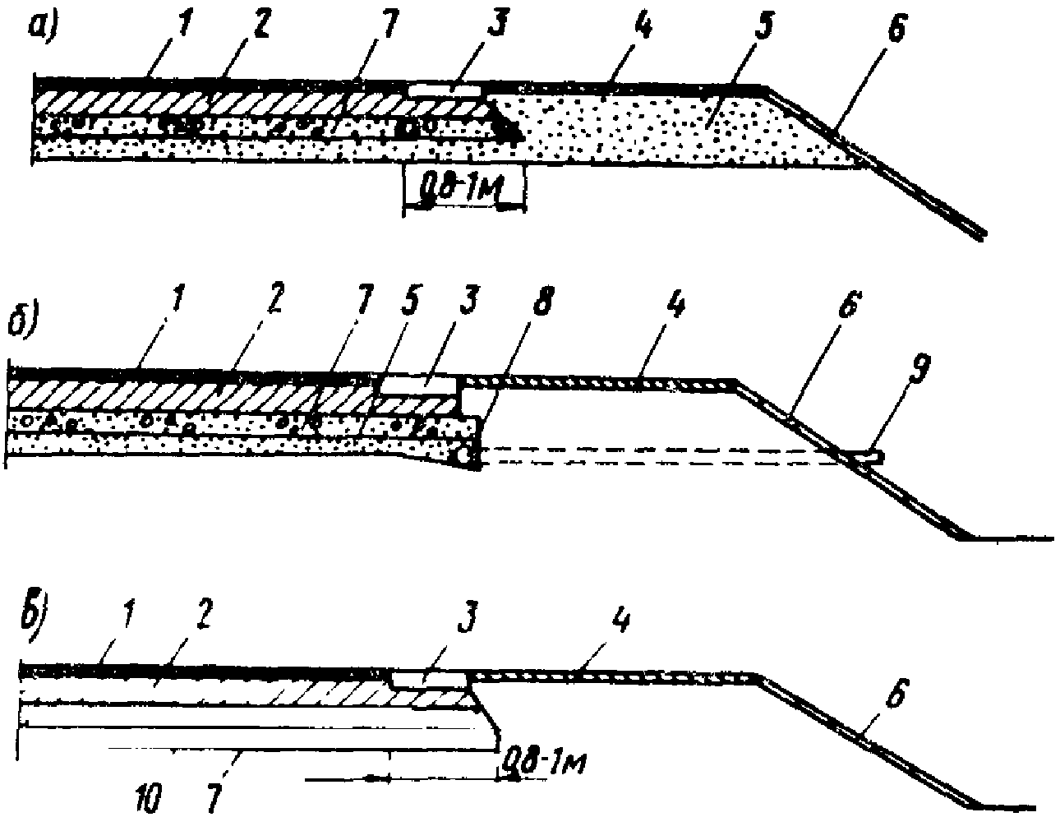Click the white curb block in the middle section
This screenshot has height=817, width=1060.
[x=417, y=384]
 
